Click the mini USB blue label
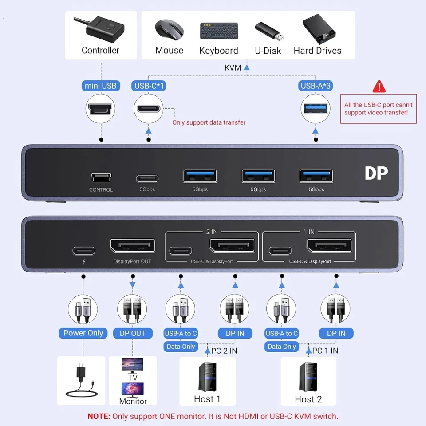[x=100, y=86]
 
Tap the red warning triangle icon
[x=379, y=86]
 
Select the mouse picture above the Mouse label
[x=169, y=30]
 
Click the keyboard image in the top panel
[x=219, y=31]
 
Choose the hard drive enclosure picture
[x=317, y=30]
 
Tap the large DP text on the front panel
[x=376, y=174]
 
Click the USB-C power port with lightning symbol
[x=83, y=250]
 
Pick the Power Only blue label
[x=83, y=333]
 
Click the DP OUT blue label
[x=132, y=333]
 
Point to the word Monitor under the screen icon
[x=133, y=402]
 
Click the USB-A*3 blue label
[x=315, y=86]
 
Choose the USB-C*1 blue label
[x=149, y=86]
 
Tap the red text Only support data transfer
[x=209, y=122]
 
